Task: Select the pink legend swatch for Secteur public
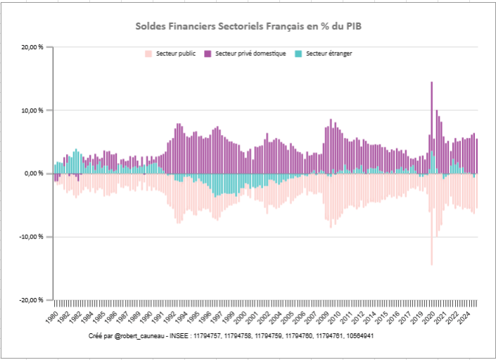point(148,53)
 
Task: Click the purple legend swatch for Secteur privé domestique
point(208,53)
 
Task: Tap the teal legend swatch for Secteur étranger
point(299,53)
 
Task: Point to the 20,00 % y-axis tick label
point(32,47)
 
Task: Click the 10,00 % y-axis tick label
point(32,110)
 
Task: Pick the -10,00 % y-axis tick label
point(32,237)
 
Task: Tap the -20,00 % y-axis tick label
point(32,300)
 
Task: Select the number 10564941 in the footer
point(356,337)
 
